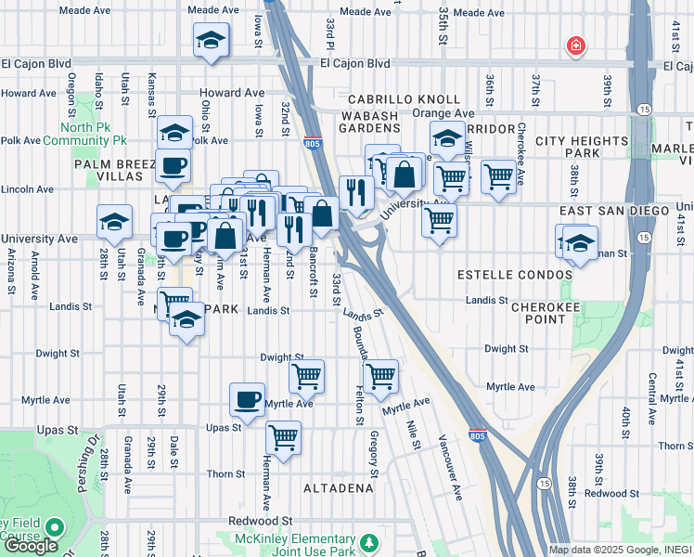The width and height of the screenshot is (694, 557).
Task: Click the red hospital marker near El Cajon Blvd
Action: (575, 46)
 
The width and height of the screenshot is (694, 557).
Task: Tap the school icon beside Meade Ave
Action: (212, 41)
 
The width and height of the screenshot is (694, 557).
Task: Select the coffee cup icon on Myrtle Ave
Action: (247, 399)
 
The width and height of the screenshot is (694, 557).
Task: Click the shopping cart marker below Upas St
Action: (283, 435)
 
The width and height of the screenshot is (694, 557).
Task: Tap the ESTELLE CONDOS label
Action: (515, 276)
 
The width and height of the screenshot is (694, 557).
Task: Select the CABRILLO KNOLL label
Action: (405, 99)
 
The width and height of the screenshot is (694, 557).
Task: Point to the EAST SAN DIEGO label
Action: (614, 211)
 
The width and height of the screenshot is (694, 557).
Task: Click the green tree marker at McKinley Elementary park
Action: (369, 541)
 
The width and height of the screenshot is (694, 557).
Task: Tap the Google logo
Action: (31, 545)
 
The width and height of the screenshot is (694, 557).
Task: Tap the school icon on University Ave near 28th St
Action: (114, 222)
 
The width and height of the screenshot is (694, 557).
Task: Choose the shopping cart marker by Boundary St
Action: (380, 376)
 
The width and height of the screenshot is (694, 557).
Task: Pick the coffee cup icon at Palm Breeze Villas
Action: (173, 166)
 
